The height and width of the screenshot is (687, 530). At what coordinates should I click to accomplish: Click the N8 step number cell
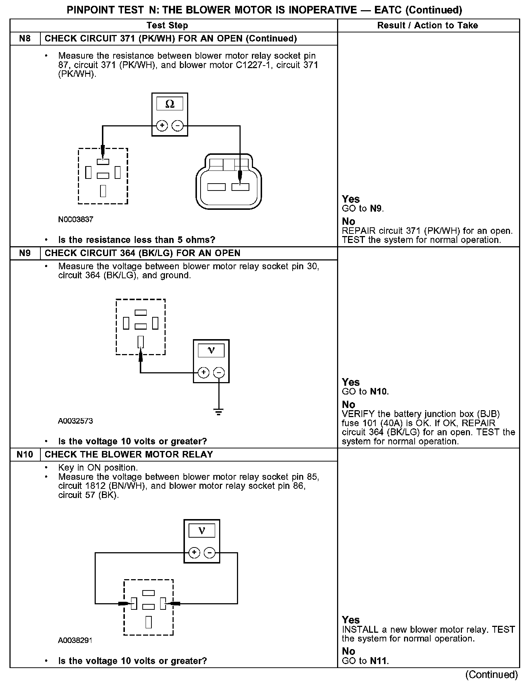coord(25,39)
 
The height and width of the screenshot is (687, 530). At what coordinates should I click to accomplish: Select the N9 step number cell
coord(25,253)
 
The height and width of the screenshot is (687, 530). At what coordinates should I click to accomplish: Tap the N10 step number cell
coord(25,455)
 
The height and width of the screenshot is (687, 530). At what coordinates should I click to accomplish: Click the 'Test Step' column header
coord(167,25)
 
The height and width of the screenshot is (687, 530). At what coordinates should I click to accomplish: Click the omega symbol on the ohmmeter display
coord(170,104)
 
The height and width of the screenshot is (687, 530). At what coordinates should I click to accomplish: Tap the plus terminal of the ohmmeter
coord(162,126)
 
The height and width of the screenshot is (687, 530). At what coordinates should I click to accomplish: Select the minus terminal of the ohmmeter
coord(177,126)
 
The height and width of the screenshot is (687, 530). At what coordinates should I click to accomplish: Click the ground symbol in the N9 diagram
coord(218,412)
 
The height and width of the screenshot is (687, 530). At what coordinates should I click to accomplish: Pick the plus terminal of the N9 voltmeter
coord(203,373)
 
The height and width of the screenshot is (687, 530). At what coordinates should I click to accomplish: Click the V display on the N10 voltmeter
coord(202,531)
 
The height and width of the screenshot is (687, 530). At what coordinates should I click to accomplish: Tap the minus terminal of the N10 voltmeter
coord(209,553)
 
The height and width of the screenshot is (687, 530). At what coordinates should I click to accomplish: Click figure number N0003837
coord(75,220)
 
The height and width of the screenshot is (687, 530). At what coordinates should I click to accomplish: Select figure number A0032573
coord(75,421)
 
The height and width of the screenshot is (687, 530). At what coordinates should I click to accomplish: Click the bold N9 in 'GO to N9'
coord(376,209)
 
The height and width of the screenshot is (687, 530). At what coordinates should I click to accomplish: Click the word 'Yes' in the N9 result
coord(351,382)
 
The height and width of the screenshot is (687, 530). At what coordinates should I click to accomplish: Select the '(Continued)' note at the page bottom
coord(491,675)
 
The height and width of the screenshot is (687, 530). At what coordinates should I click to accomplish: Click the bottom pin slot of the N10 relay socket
coord(149,622)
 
